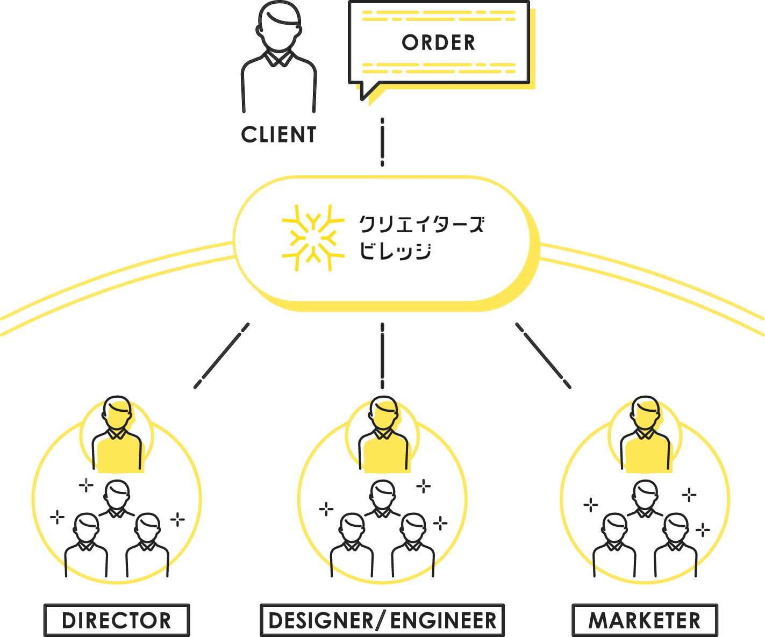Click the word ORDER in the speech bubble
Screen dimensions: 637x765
click(x=438, y=43)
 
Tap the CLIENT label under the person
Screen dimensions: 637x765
click(x=278, y=135)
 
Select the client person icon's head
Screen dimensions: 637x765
click(x=278, y=24)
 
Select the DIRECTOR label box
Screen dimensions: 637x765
click(x=116, y=620)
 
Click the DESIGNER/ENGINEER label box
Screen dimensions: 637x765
click(x=382, y=620)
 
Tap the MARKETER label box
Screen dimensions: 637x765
click(x=645, y=620)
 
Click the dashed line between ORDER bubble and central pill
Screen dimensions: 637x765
click(x=382, y=142)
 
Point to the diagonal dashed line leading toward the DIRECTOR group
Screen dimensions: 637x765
click(x=221, y=355)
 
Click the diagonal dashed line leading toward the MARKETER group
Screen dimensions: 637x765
click(x=543, y=355)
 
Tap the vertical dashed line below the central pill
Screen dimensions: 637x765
click(x=382, y=355)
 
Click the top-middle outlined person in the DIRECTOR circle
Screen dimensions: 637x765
click(x=117, y=497)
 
